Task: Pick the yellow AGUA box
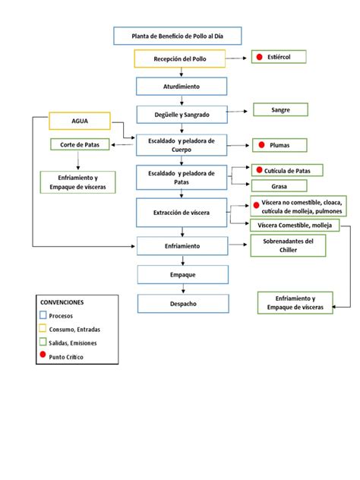80,121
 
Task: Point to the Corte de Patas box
80,144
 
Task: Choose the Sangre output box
280,110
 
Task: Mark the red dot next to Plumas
261,144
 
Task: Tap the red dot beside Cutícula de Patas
259,170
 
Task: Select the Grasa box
279,185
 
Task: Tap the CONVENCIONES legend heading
62,302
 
